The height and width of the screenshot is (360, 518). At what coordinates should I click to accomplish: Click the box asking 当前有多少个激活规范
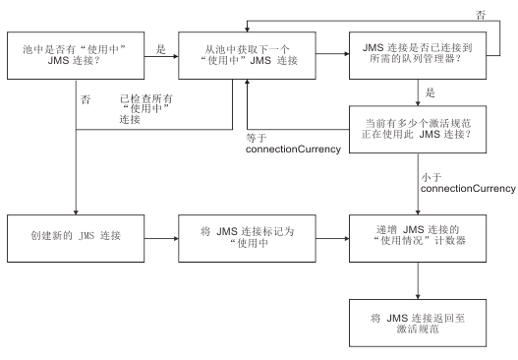click(423, 134)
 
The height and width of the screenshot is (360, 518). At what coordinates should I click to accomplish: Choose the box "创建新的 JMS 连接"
click(76, 238)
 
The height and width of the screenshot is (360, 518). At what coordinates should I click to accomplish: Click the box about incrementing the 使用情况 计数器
click(423, 238)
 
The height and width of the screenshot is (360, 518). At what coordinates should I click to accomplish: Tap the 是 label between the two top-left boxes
click(160, 46)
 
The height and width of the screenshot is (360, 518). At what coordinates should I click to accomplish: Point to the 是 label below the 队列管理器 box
click(430, 94)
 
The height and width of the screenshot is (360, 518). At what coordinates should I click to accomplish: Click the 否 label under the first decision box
click(86, 98)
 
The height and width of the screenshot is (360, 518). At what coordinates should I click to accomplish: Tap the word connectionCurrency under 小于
click(468, 187)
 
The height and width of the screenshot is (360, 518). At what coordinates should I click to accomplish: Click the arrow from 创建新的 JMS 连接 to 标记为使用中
click(163, 238)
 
